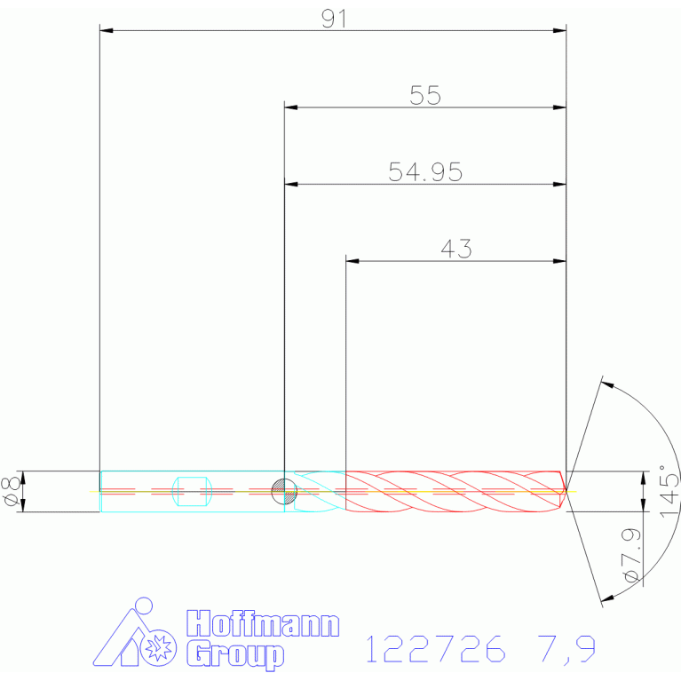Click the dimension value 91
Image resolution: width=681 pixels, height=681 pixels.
click(x=334, y=19)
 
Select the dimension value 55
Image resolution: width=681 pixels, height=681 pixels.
click(x=425, y=95)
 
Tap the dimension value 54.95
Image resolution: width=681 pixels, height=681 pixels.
click(x=425, y=172)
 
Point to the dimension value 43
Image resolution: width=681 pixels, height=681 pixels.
click(x=456, y=249)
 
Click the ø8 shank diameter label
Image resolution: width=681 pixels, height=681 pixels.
click(x=12, y=491)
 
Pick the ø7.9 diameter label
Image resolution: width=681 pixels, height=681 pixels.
click(x=631, y=555)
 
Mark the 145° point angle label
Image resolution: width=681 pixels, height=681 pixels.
click(x=669, y=491)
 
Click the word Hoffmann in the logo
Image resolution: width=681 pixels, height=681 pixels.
click(x=263, y=623)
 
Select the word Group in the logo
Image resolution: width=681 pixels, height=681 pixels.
click(x=235, y=654)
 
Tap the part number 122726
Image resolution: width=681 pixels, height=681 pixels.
click(x=436, y=648)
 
